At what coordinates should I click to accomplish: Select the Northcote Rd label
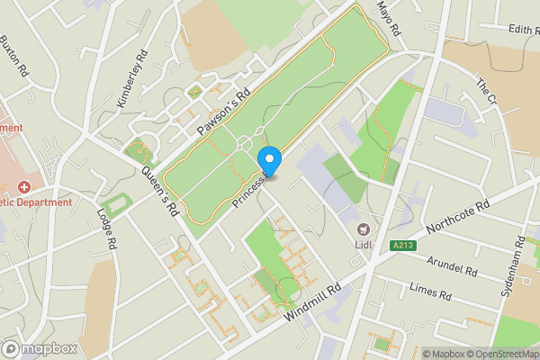(459, 218)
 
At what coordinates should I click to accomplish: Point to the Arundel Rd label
(453, 268)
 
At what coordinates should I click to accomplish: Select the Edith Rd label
(523, 29)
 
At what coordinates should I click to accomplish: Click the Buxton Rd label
(15, 55)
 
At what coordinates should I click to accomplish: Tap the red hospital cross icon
(23, 186)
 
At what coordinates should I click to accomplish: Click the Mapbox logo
(40, 348)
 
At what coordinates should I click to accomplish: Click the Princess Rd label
(248, 190)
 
